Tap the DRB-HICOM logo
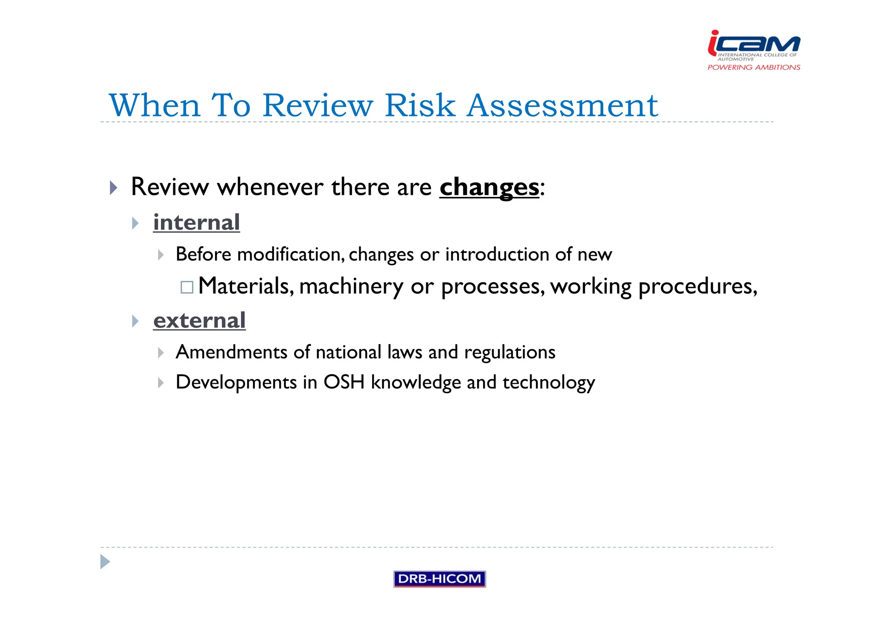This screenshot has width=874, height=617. (x=439, y=579)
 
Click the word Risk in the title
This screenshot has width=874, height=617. (x=420, y=105)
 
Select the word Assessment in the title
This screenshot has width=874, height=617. (x=562, y=105)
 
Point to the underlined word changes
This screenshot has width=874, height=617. (x=489, y=188)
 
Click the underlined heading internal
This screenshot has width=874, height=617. (x=196, y=223)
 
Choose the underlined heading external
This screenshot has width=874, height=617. (x=199, y=321)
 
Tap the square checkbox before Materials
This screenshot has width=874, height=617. (x=187, y=287)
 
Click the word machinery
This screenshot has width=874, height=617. (x=351, y=287)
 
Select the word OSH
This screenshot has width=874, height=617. (x=344, y=382)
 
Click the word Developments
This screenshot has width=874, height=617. (x=236, y=382)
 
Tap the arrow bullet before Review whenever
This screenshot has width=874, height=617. (x=113, y=188)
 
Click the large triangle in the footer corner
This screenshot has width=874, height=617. (x=105, y=562)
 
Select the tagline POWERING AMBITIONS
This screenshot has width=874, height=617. (x=754, y=67)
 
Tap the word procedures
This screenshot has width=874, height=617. (x=697, y=287)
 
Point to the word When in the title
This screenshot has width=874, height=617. (x=154, y=105)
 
